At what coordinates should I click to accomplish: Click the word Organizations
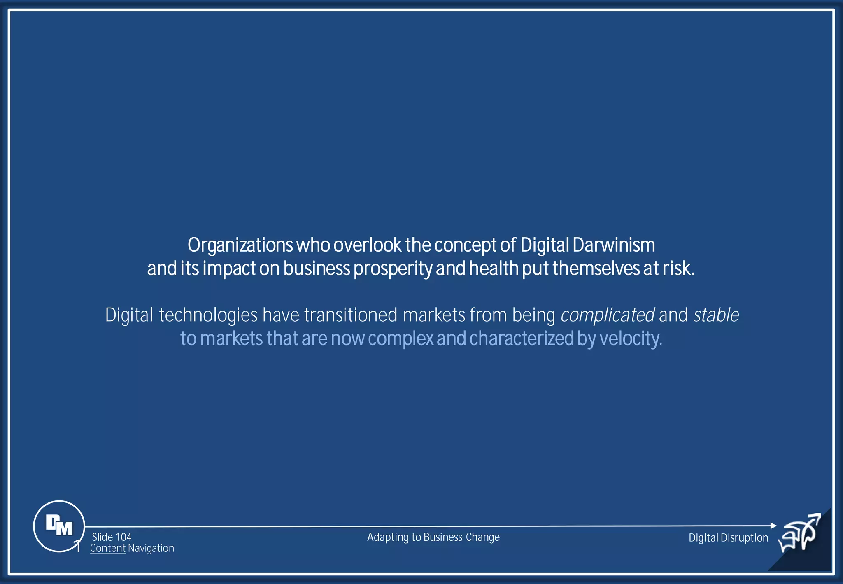(240, 245)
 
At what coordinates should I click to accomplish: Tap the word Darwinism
(613, 245)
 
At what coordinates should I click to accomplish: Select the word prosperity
(393, 269)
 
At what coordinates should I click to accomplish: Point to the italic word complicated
(608, 315)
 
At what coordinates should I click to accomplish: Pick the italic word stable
(716, 315)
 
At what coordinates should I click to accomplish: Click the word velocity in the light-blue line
(630, 339)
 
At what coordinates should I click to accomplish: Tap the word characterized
(521, 339)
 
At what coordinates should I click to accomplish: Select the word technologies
(208, 315)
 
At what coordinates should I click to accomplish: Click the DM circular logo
(59, 526)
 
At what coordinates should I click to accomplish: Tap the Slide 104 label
(112, 537)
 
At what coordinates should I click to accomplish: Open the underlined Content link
(107, 549)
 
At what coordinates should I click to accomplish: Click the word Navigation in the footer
(151, 549)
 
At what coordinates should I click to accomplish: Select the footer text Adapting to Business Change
(433, 537)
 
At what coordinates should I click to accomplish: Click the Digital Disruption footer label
(728, 538)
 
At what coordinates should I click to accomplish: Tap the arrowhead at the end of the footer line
(773, 526)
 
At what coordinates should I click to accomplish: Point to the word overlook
(367, 245)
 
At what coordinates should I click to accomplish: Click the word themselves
(596, 269)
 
